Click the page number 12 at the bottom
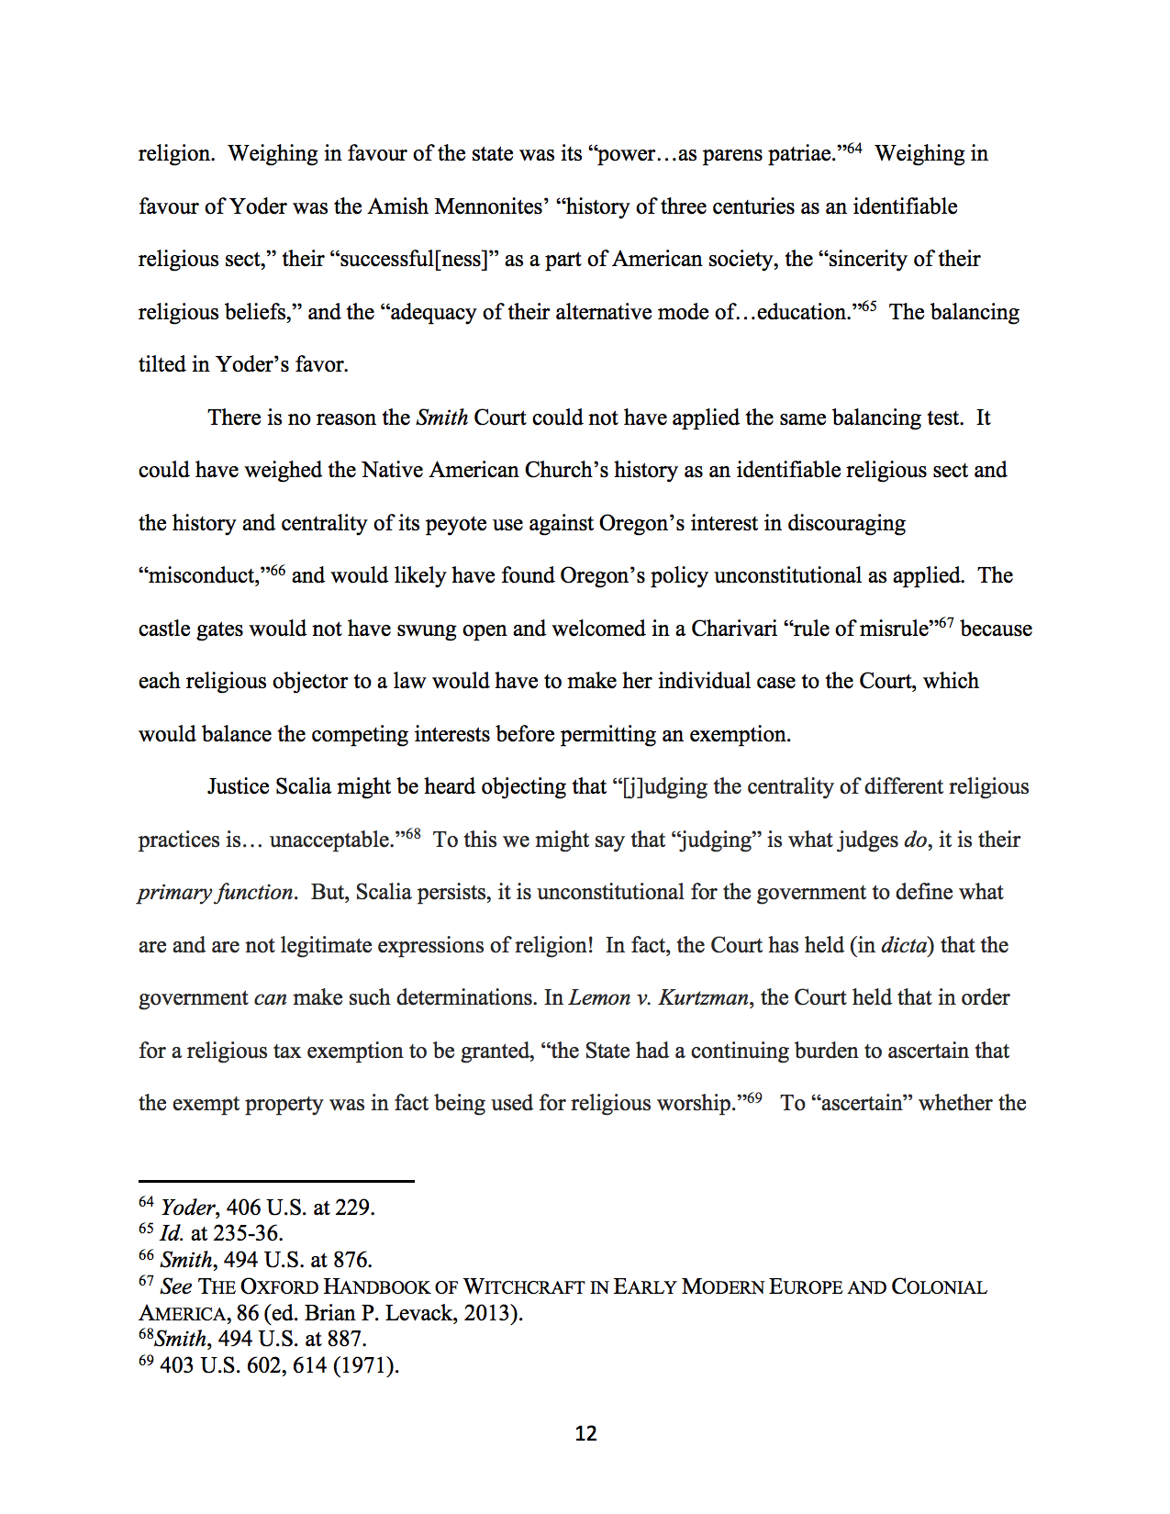(x=585, y=1433)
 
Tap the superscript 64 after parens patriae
(x=853, y=148)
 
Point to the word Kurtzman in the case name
(x=703, y=997)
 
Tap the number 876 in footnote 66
(x=351, y=1260)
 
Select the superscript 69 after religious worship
(x=753, y=1097)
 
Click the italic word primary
(x=173, y=893)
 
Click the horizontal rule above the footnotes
(x=276, y=1181)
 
